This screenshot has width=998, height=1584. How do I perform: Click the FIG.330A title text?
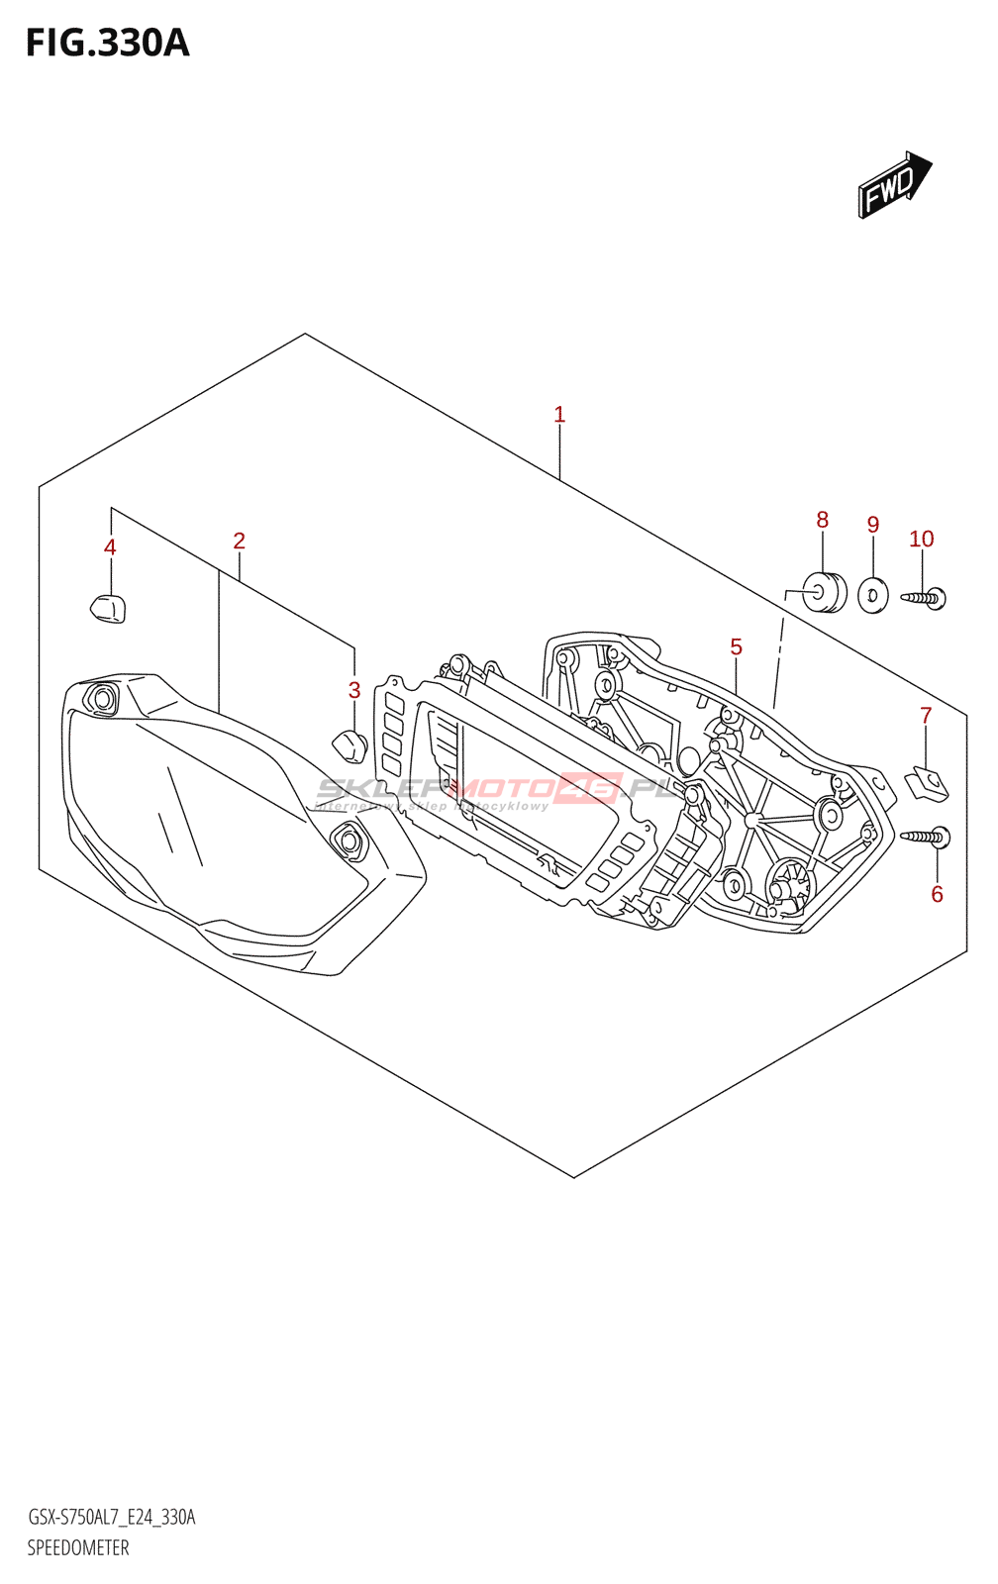click(x=107, y=44)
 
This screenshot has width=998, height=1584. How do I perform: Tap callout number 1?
click(x=559, y=415)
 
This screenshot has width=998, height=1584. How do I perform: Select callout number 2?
click(x=239, y=541)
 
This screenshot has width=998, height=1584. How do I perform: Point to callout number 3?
click(x=354, y=690)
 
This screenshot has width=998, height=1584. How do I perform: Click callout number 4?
click(x=110, y=547)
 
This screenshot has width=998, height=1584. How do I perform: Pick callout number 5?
click(x=736, y=647)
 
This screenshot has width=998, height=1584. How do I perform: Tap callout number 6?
click(x=937, y=895)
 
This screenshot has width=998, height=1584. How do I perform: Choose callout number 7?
click(x=926, y=716)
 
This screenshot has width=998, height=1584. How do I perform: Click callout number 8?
click(x=822, y=520)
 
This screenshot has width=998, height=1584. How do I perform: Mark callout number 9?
click(x=872, y=525)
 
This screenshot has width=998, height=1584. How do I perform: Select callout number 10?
click(x=921, y=539)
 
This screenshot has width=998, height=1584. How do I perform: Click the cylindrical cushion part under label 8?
click(x=823, y=593)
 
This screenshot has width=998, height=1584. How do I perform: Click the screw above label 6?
click(x=927, y=838)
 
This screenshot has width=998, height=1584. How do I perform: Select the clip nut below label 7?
click(x=928, y=784)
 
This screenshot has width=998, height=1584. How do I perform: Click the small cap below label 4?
click(x=109, y=608)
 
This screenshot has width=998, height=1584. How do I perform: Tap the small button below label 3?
click(x=350, y=744)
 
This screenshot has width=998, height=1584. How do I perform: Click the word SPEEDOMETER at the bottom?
click(x=78, y=1548)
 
